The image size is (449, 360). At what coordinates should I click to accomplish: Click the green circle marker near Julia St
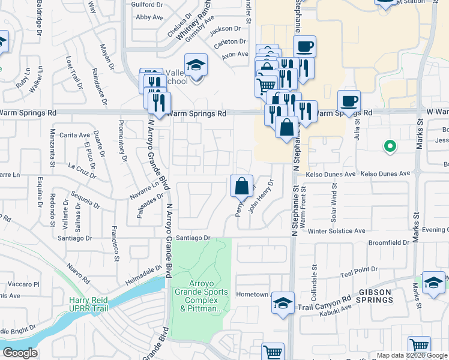click(390, 145)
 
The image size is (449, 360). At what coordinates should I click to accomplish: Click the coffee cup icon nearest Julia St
click(349, 100)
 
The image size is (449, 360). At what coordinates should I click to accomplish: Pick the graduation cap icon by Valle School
click(196, 65)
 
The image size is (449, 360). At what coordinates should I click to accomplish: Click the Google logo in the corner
click(19, 353)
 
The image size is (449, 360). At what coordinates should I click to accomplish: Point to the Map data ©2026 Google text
click(411, 355)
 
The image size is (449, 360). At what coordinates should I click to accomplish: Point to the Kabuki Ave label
click(334, 308)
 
